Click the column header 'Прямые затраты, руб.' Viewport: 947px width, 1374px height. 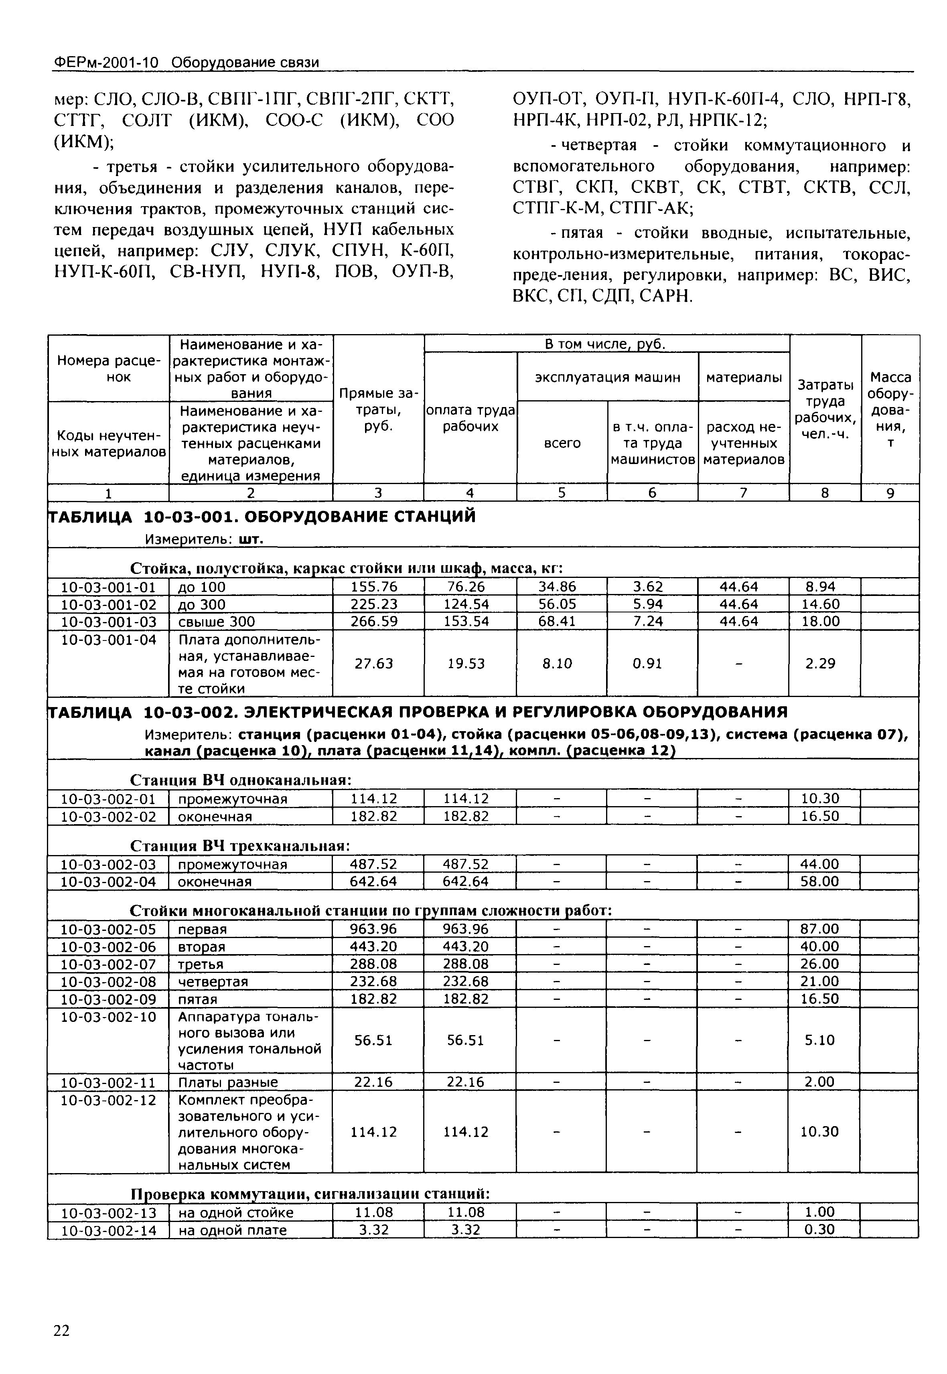pyautogui.click(x=378, y=409)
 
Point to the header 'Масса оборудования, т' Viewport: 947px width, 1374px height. pyautogui.click(x=890, y=409)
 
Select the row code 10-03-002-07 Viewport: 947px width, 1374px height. pyautogui.click(x=109, y=964)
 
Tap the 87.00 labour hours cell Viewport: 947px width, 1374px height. pyautogui.click(x=819, y=929)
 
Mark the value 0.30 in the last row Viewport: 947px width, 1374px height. pyautogui.click(x=819, y=1230)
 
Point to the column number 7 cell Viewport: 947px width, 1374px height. pyautogui.click(x=743, y=492)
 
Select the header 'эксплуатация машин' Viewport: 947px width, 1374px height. pyautogui.click(x=608, y=377)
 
